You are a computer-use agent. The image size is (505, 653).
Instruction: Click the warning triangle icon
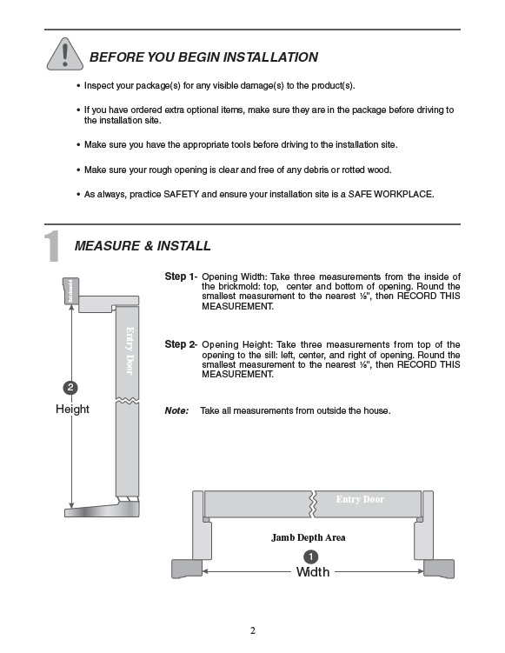pyautogui.click(x=65, y=55)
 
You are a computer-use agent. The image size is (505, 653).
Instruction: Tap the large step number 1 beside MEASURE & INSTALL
pyautogui.click(x=52, y=246)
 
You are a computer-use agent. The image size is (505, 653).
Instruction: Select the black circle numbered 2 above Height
pyautogui.click(x=70, y=387)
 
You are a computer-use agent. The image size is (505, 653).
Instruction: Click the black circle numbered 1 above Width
pyautogui.click(x=311, y=556)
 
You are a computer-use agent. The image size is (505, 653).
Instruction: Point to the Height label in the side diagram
pyautogui.click(x=72, y=409)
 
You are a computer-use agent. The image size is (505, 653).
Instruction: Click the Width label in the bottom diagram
pyautogui.click(x=313, y=572)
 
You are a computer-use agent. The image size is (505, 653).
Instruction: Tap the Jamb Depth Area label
pyautogui.click(x=308, y=537)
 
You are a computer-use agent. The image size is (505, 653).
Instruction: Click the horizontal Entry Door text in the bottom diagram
pyautogui.click(x=360, y=499)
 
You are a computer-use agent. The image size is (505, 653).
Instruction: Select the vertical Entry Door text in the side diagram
pyautogui.click(x=130, y=350)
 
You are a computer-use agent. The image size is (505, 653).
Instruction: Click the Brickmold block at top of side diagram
pyautogui.click(x=70, y=290)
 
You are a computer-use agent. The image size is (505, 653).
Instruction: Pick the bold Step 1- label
pyautogui.click(x=181, y=277)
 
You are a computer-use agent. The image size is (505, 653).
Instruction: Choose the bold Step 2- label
pyautogui.click(x=181, y=344)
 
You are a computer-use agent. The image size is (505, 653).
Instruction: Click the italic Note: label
pyautogui.click(x=176, y=410)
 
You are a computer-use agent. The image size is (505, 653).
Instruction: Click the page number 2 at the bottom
pyautogui.click(x=253, y=630)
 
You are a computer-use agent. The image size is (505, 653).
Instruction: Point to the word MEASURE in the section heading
pyautogui.click(x=107, y=246)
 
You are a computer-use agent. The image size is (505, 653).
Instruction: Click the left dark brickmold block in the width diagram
pyautogui.click(x=187, y=569)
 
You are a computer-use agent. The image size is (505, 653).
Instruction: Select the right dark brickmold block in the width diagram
pyautogui.click(x=439, y=569)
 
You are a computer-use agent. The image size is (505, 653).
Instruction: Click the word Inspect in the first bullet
pyautogui.click(x=99, y=86)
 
